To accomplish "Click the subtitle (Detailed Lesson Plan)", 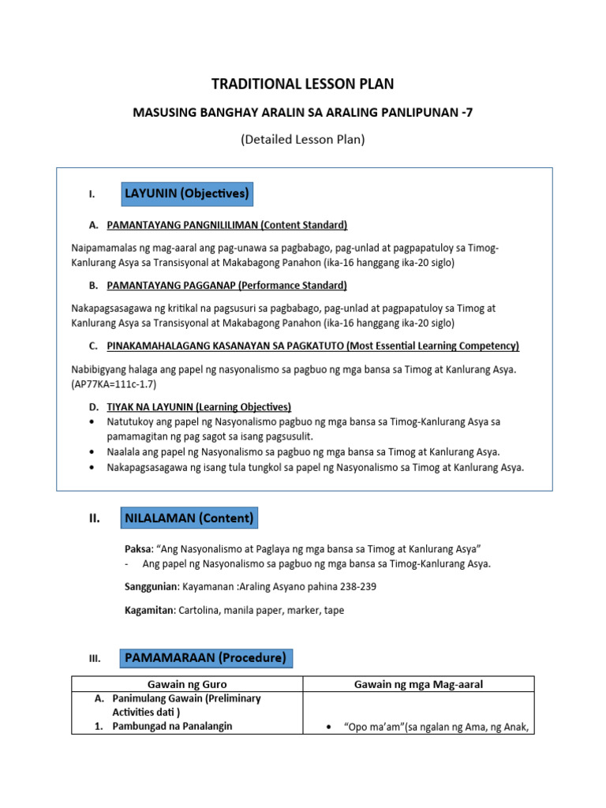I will click(x=304, y=140).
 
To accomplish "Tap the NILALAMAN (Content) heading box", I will click(x=189, y=518).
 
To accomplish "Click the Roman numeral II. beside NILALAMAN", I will click(x=94, y=518).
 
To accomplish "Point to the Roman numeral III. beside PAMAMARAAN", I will click(x=94, y=658).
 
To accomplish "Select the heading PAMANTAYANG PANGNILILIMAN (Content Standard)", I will click(x=227, y=224).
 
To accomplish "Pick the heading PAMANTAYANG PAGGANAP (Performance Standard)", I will click(x=226, y=285).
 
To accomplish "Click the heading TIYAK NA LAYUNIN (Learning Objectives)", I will click(x=199, y=406).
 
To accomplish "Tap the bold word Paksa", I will click(x=139, y=548).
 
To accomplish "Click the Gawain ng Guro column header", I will click(x=187, y=684).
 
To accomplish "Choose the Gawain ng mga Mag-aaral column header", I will click(x=418, y=684).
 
